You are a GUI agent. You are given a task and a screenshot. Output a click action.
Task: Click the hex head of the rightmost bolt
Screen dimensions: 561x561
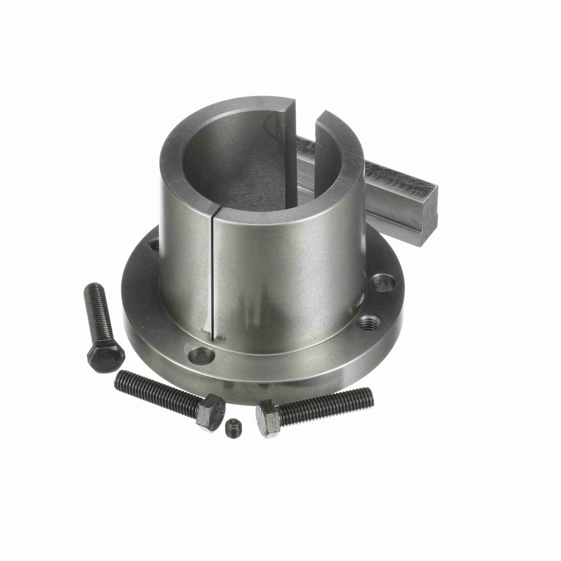click(268, 417)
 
